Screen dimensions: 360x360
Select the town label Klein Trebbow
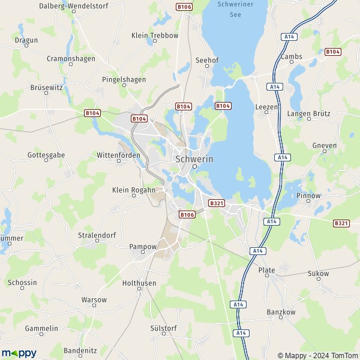[155, 35]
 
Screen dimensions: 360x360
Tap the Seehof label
[206, 61]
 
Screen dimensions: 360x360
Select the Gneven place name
[325, 145]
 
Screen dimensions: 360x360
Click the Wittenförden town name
[118, 155]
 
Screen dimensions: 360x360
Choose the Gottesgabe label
[43, 155]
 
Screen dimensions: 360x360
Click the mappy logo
[19, 353]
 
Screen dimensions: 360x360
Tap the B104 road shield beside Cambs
[332, 52]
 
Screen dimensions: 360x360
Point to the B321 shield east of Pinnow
[341, 223]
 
